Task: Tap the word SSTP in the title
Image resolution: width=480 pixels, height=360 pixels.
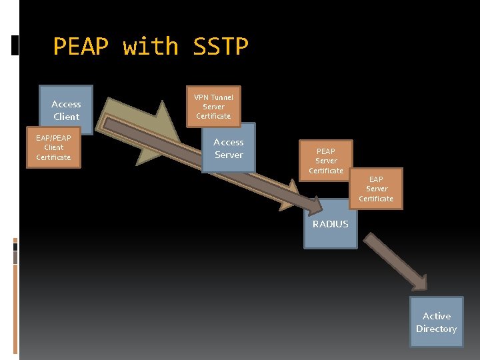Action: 220,47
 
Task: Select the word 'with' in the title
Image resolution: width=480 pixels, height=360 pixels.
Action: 151,47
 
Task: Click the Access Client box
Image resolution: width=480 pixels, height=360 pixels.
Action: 66,110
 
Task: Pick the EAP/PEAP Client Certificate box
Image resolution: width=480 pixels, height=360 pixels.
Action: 53,147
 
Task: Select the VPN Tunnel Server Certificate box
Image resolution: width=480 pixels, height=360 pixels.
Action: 213,107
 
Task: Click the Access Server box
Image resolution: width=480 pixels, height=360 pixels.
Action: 229,149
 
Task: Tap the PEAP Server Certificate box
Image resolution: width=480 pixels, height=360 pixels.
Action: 326,161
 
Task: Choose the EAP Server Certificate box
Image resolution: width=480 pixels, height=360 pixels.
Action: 376,189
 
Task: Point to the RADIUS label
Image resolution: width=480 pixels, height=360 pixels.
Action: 331,224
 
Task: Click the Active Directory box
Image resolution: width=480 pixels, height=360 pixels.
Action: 437,323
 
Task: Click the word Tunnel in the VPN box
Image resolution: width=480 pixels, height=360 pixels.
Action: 222,97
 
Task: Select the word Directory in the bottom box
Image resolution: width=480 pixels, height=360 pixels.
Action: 437,329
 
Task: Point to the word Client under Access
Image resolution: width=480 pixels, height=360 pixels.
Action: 66,117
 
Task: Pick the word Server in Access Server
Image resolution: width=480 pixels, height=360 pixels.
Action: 229,155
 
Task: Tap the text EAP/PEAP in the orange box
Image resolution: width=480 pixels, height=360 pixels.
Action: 53,138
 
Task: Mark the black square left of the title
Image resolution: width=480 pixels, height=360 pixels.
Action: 15,46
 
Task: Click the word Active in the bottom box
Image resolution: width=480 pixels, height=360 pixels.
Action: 437,316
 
